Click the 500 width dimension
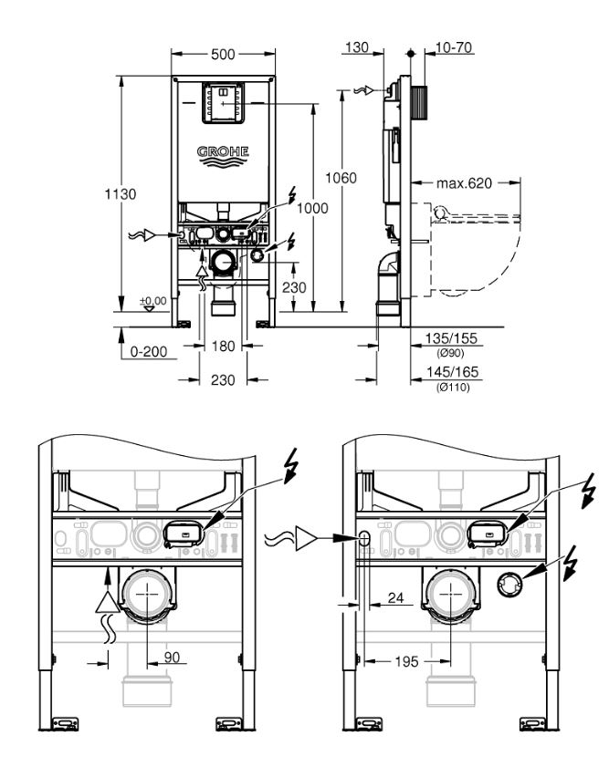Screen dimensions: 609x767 pyautogui.click(x=223, y=55)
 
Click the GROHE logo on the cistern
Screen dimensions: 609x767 pyautogui.click(x=223, y=157)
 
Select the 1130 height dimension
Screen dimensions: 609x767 pyautogui.click(x=120, y=194)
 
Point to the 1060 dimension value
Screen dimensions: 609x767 pyautogui.click(x=341, y=178)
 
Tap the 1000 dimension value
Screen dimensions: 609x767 pyautogui.click(x=312, y=208)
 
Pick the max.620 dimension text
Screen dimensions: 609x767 pyautogui.click(x=464, y=183)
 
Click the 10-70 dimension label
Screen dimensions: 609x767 pyautogui.click(x=454, y=47)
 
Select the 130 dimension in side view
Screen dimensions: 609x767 pyautogui.click(x=357, y=47)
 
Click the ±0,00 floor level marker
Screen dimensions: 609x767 pyautogui.click(x=152, y=304)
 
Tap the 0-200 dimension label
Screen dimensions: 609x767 pyautogui.click(x=149, y=352)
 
